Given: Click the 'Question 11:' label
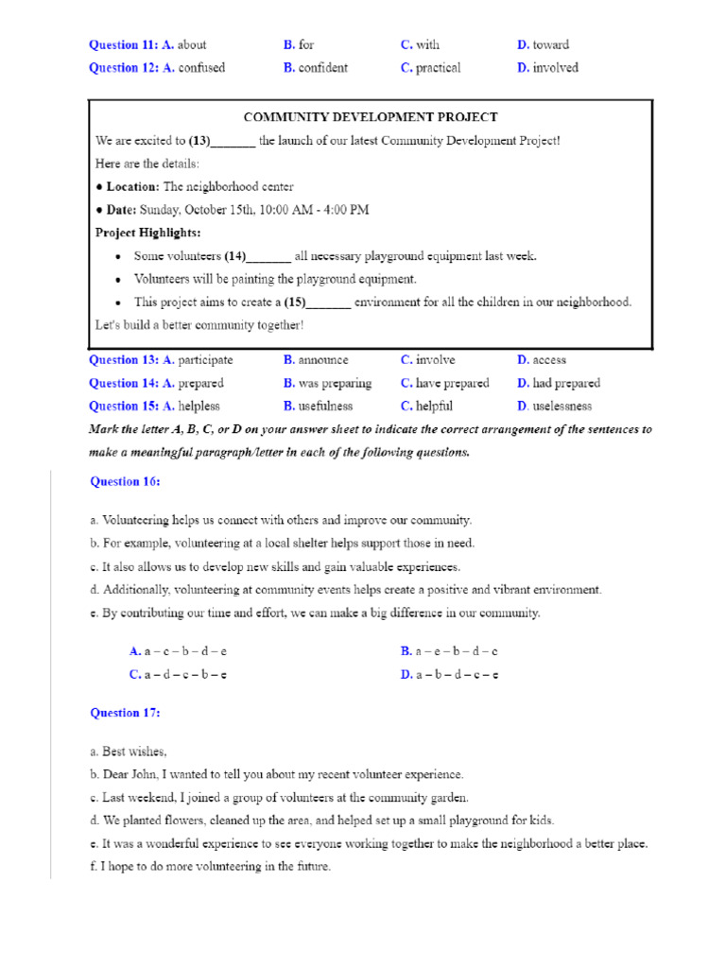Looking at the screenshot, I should pyautogui.click(x=123, y=44).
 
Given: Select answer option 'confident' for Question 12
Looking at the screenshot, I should pyautogui.click(x=322, y=68).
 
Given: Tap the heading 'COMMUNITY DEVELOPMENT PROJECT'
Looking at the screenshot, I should pyautogui.click(x=371, y=117).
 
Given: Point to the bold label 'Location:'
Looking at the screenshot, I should pyautogui.click(x=132, y=187).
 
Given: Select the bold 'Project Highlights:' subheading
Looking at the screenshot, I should pyautogui.click(x=147, y=233).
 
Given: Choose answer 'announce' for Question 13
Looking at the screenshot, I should pyautogui.click(x=322, y=360).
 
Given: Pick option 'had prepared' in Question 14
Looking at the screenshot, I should pyautogui.click(x=565, y=384).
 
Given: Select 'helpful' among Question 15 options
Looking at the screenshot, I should pyautogui.click(x=434, y=406).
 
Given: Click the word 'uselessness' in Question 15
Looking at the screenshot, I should pyautogui.click(x=562, y=406).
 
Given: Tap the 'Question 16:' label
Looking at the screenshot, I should pyautogui.click(x=125, y=482).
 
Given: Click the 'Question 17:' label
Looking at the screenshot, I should pyautogui.click(x=125, y=713).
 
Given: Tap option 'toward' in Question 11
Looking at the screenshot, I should pyautogui.click(x=550, y=44).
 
